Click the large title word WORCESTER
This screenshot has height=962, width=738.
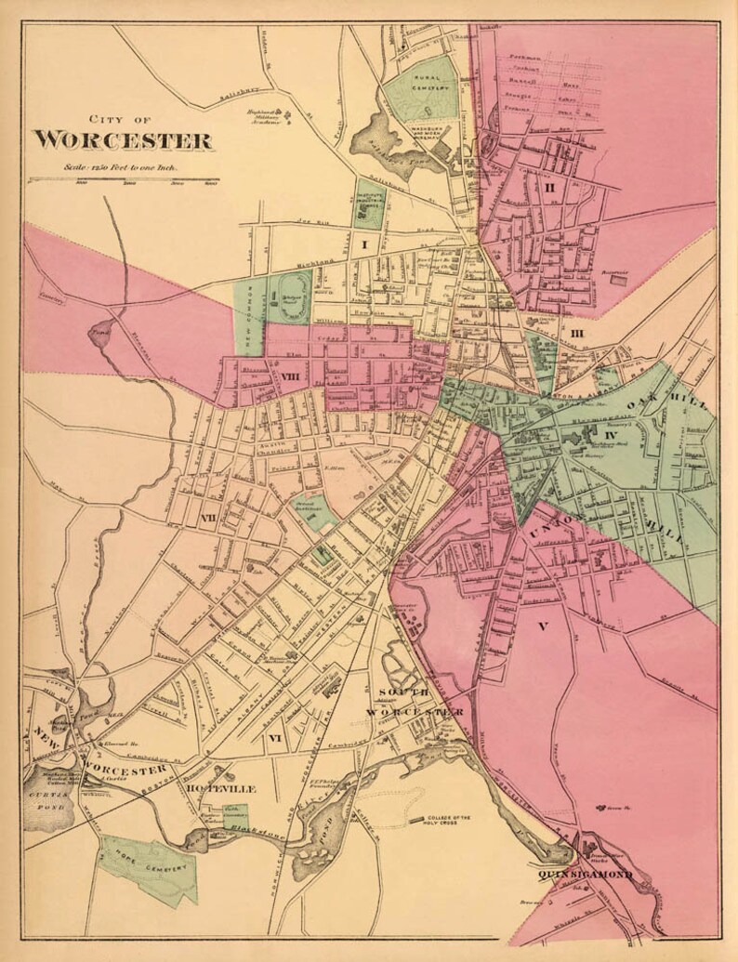pyautogui.click(x=124, y=141)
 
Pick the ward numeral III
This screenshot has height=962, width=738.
pyautogui.click(x=576, y=334)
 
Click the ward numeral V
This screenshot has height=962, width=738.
pyautogui.click(x=543, y=626)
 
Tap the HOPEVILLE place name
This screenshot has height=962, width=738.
pyautogui.click(x=220, y=789)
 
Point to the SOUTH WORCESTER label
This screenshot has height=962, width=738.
pyautogui.click(x=414, y=703)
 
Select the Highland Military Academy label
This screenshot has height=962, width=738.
pyautogui.click(x=264, y=115)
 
